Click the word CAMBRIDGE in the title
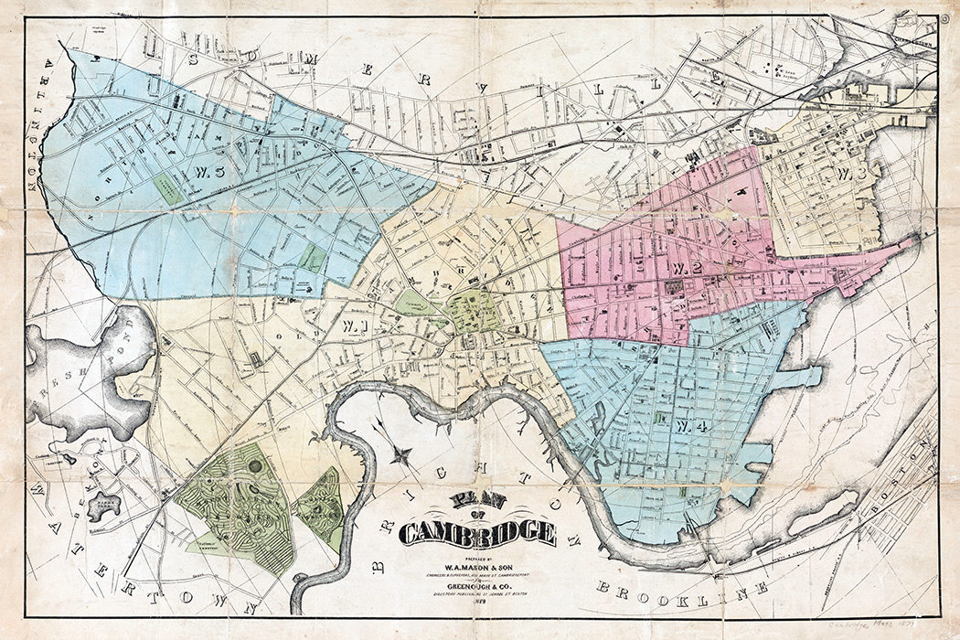477,533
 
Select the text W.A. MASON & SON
476,563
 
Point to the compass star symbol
399,452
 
